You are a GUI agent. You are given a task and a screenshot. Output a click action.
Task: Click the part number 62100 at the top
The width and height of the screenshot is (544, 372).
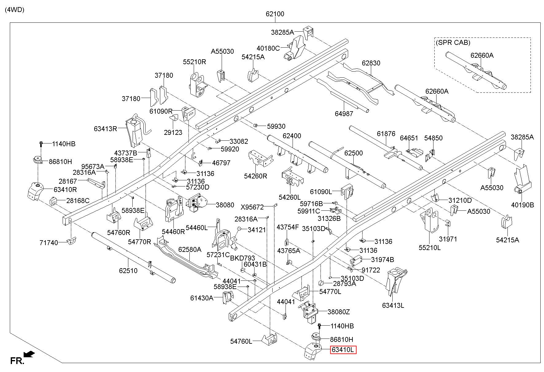[275, 14]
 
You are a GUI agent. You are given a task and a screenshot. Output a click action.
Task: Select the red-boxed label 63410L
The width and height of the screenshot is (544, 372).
[343, 350]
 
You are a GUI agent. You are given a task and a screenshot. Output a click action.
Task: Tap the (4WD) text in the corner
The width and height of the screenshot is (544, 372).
[15, 10]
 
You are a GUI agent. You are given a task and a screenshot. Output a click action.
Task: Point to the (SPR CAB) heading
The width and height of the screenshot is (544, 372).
[453, 43]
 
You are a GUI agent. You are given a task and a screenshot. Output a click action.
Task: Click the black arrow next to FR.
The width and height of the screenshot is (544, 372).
[29, 354]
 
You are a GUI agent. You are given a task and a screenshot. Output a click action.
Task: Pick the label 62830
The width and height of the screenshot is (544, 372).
[371, 63]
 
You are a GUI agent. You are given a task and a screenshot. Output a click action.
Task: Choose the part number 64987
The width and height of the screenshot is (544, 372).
[344, 114]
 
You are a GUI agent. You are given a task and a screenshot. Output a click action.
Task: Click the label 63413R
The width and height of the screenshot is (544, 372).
[106, 129]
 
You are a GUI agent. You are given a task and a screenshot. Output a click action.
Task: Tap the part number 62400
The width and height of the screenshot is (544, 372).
[292, 136]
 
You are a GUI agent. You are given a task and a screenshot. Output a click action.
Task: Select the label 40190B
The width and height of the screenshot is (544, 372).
[523, 205]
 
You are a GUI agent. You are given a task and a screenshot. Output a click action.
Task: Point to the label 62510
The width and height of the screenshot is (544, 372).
[128, 271]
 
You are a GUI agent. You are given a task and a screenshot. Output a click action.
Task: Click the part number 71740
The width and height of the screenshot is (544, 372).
[49, 243]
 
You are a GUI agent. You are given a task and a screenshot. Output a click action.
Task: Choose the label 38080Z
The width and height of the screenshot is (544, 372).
[339, 312]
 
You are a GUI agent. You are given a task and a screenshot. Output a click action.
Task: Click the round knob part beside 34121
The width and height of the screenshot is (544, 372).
[239, 229]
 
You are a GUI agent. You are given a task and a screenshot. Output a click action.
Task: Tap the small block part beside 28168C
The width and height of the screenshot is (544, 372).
[54, 201]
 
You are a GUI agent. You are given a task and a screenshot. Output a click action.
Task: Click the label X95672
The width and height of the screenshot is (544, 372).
[252, 207]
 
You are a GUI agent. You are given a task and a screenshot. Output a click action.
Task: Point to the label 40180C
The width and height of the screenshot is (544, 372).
[268, 48]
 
